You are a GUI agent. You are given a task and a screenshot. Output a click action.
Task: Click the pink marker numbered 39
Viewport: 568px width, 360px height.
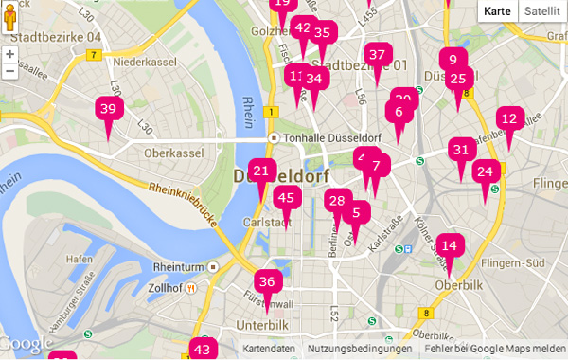coord(108,110)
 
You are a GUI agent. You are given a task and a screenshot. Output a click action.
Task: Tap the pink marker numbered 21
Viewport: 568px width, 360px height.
coord(262,172)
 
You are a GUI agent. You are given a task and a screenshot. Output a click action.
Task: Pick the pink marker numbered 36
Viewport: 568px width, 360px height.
coord(267,281)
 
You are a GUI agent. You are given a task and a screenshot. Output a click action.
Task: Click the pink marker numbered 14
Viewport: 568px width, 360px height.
coord(450,246)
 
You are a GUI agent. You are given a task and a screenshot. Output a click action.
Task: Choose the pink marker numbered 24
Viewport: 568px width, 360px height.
coord(486,172)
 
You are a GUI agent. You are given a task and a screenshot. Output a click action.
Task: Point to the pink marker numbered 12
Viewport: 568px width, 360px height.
coord(510,119)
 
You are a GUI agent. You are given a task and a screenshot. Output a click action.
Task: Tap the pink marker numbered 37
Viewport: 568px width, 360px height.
coord(378,55)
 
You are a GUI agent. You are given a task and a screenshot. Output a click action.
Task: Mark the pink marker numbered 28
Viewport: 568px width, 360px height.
coord(336,201)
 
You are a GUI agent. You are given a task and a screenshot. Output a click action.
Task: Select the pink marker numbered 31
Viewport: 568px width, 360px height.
coord(461,150)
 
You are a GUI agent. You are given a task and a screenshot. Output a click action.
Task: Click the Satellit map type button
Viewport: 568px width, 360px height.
coord(541,11)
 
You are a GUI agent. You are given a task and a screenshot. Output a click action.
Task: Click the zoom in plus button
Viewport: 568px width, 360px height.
coord(9,54)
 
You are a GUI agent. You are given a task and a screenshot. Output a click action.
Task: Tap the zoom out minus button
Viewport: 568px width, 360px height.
coord(9,70)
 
